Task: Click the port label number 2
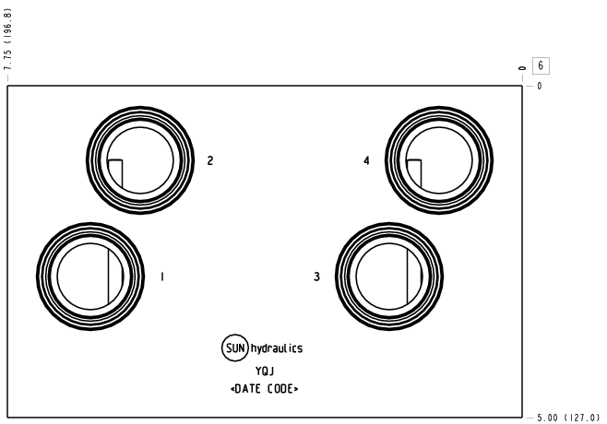(210, 160)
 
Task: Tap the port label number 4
(366, 160)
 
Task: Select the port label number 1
(162, 277)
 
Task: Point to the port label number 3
(316, 277)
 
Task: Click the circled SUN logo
(235, 348)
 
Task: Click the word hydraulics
(277, 348)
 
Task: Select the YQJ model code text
(265, 371)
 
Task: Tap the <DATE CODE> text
(265, 389)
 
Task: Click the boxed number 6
(541, 65)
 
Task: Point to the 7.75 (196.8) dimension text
(7, 40)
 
